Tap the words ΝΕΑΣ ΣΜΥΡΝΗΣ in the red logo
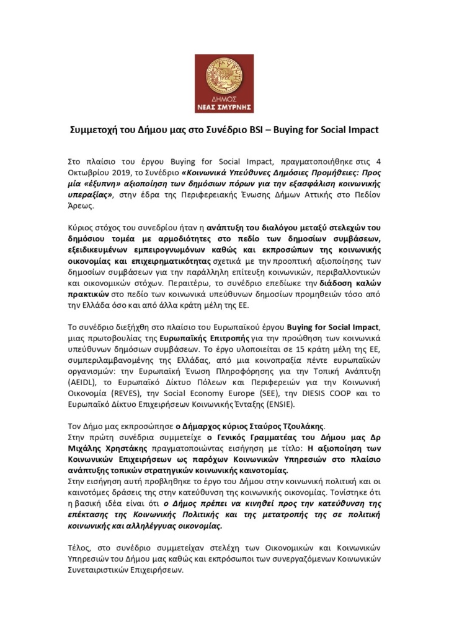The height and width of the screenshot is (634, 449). [225, 106]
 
